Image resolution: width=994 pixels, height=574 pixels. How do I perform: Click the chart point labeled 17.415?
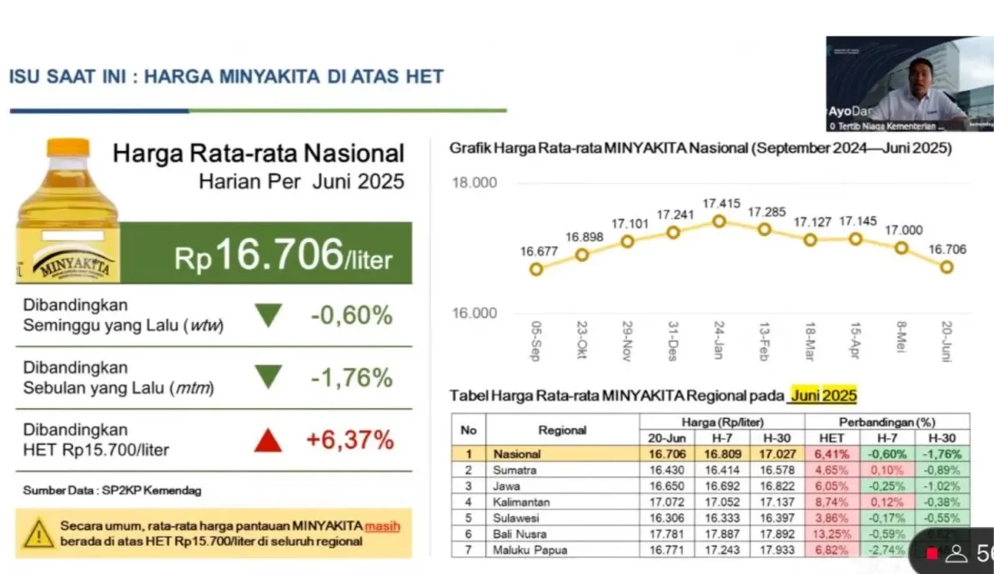(719, 221)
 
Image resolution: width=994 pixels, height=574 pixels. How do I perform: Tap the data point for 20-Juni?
(946, 267)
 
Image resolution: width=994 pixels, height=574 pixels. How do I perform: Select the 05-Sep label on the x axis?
(535, 341)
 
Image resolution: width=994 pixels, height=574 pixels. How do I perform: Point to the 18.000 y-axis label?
(474, 183)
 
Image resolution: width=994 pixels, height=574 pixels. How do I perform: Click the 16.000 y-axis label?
(474, 314)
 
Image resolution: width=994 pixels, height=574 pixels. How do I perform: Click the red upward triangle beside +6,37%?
(268, 440)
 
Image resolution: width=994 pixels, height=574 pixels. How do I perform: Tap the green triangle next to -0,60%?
(268, 315)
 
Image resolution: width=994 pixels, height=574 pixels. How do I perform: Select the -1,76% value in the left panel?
(350, 378)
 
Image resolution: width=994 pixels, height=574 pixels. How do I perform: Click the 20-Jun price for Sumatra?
(668, 471)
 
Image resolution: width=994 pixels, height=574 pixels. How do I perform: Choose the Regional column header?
(562, 430)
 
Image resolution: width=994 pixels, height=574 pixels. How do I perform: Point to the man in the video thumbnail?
(913, 88)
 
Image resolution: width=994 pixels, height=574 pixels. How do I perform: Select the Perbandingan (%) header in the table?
(887, 422)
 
